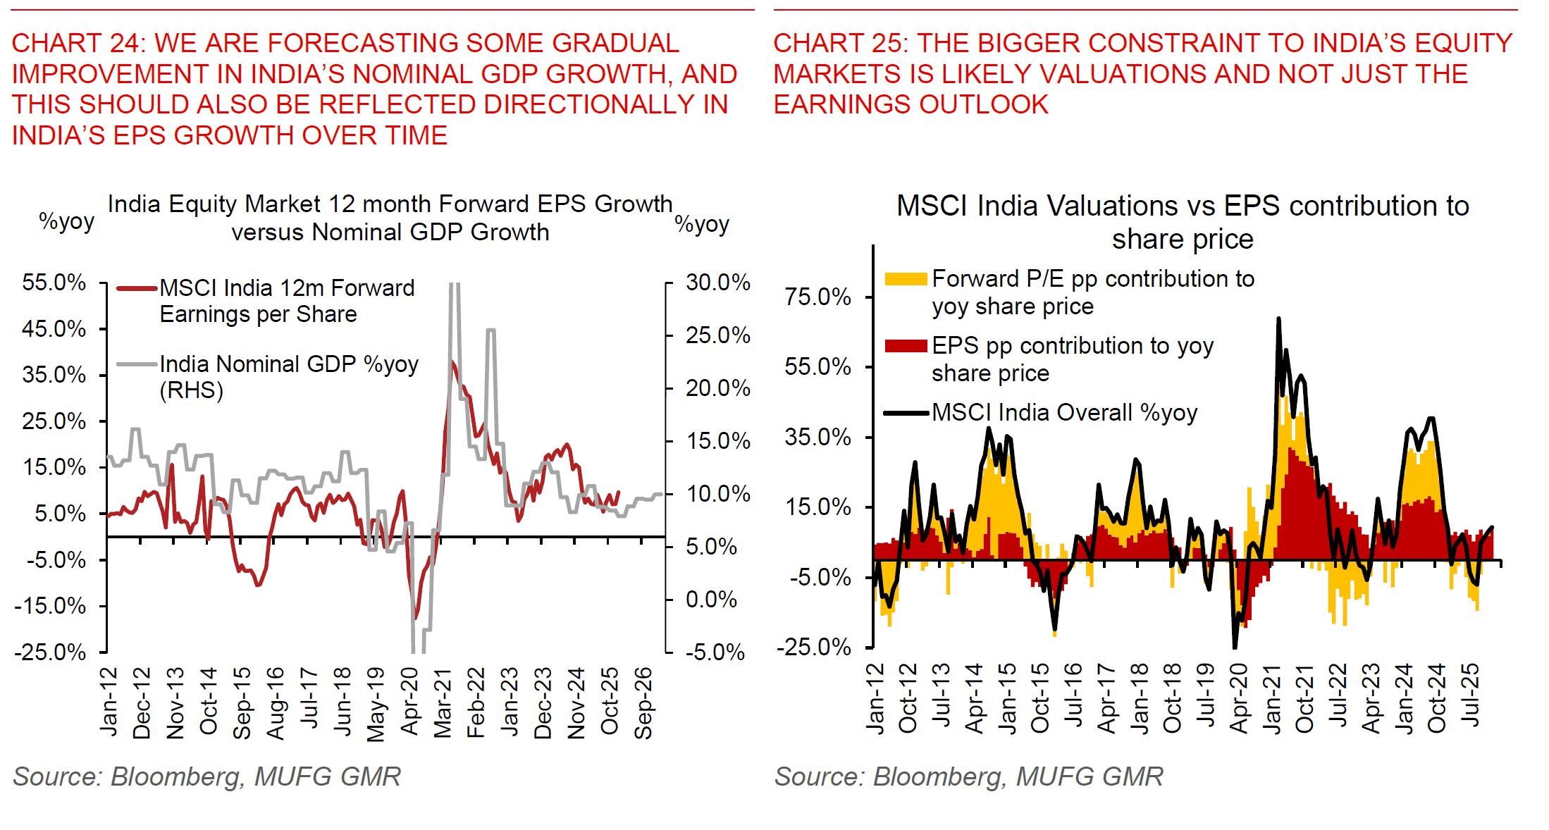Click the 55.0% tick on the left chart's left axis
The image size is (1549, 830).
point(54,283)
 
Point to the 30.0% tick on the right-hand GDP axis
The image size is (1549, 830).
point(717,283)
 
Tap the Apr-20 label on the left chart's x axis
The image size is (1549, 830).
point(409,701)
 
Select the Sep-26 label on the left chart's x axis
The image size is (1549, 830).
point(643,702)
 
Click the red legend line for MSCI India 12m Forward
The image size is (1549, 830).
point(137,288)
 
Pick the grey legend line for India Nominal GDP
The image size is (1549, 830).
point(137,364)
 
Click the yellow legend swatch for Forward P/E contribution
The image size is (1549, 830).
point(906,279)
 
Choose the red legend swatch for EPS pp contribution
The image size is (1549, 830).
point(906,346)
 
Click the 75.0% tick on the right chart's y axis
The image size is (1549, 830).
point(817,297)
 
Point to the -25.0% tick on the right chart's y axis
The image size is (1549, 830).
point(813,647)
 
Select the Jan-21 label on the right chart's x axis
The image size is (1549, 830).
point(1272,698)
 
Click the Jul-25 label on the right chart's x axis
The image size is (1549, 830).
point(1470,695)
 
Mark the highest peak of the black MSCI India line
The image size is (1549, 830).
point(1278,319)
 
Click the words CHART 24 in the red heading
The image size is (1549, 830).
point(78,43)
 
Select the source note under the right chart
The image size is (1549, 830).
point(968,776)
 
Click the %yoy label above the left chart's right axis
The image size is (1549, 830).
point(701,224)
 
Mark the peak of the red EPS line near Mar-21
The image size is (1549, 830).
point(452,362)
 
